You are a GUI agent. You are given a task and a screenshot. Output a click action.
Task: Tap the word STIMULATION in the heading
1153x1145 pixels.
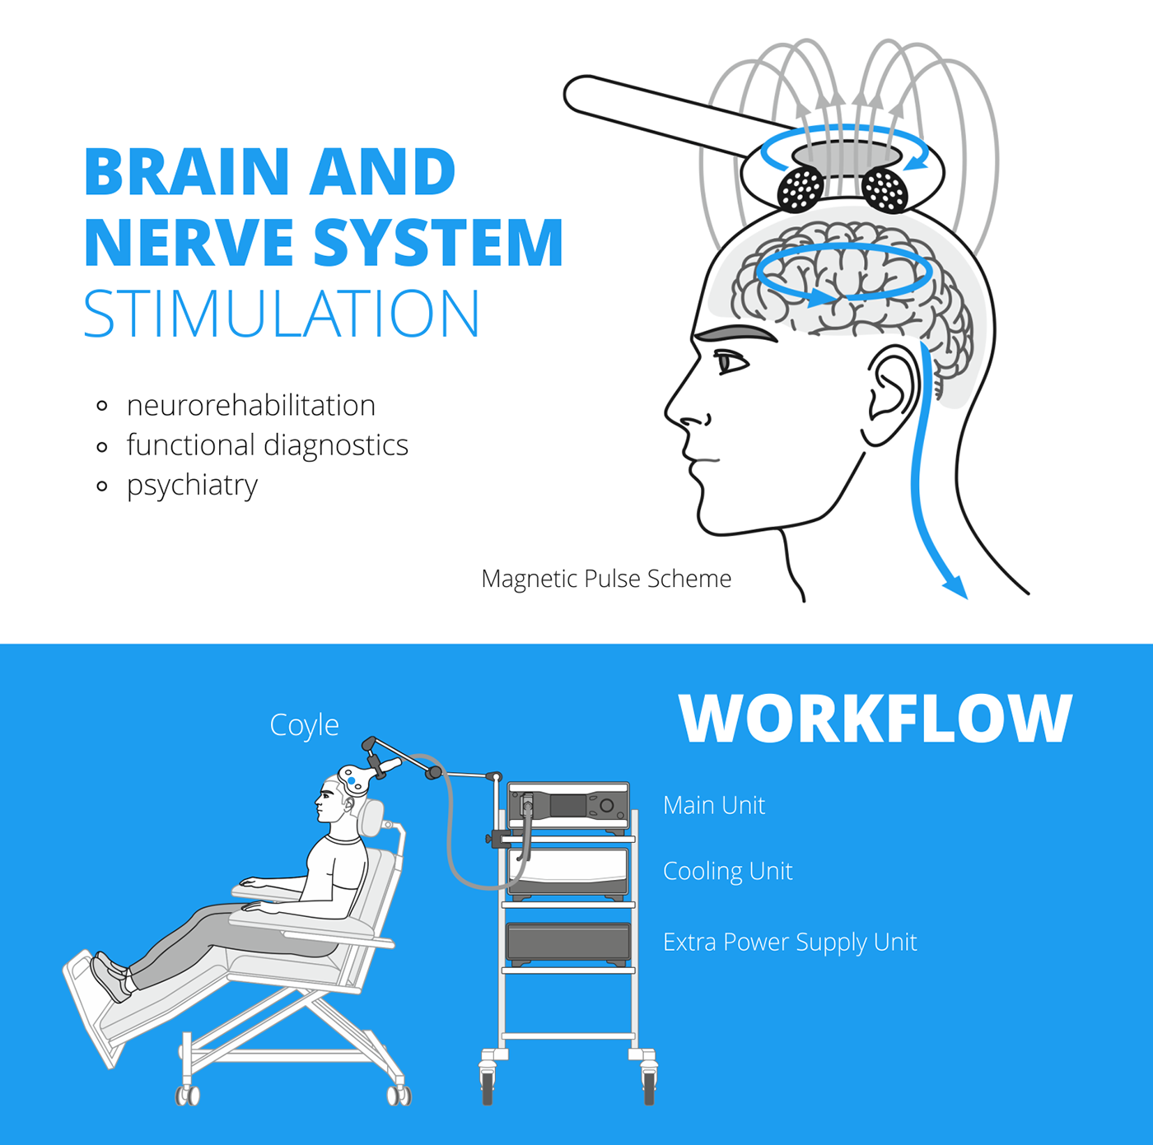coord(281,314)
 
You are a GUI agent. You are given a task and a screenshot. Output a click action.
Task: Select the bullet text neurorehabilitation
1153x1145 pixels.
coord(250,405)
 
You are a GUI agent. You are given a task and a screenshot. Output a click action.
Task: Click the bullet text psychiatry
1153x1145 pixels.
coord(192,485)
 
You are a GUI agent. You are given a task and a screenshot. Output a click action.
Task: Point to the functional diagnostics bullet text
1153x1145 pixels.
coord(267,445)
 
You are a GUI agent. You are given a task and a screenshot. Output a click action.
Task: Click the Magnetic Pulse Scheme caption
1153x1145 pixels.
coord(606,579)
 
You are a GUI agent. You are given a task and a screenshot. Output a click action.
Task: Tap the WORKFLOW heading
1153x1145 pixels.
coord(875,719)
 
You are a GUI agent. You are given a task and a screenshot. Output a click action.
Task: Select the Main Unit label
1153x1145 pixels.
coord(714,805)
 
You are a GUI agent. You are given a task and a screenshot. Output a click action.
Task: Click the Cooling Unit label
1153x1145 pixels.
coord(727,871)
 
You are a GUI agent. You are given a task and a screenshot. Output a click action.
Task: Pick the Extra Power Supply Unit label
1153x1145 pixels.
coord(790,942)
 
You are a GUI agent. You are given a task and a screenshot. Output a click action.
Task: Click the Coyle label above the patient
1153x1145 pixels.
coord(304,725)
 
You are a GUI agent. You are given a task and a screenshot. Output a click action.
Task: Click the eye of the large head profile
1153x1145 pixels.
coord(729,361)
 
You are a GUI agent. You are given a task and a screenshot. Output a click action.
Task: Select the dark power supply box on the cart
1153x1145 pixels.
coord(568,943)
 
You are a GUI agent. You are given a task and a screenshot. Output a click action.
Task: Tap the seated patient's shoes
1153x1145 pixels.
coord(110,976)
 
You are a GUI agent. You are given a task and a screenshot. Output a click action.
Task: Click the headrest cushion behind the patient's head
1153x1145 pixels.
coord(372,817)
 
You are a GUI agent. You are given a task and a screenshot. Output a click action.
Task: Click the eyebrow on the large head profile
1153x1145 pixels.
coord(735,333)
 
